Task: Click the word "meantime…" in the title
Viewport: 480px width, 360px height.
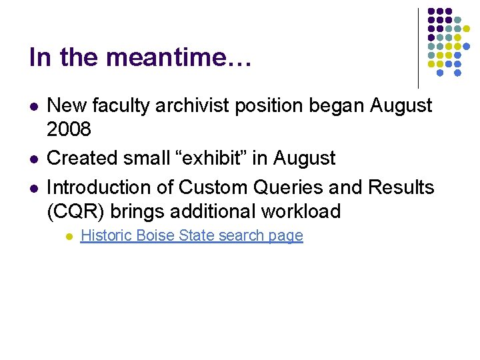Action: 179,57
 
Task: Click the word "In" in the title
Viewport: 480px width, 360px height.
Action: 40,57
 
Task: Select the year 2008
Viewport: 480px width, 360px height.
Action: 69,129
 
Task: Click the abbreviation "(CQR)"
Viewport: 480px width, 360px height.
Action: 76,211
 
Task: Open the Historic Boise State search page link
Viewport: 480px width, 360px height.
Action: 191,235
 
